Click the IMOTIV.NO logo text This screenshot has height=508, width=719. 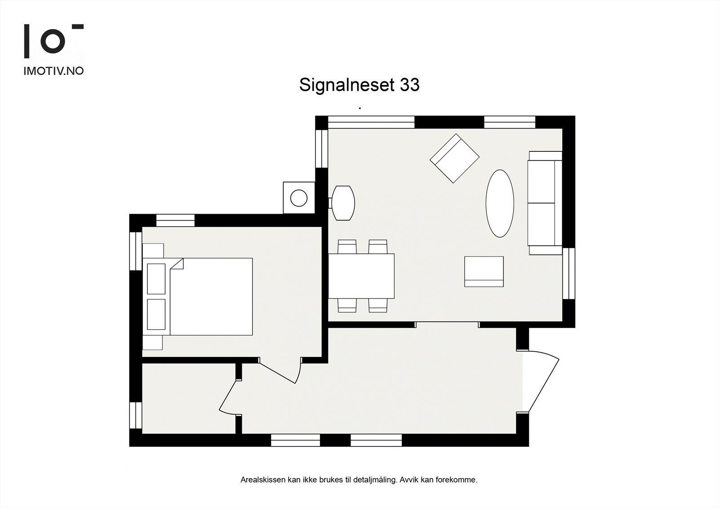click(53, 71)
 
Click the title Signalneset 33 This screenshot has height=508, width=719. click(359, 85)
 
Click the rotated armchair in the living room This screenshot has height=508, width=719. click(454, 158)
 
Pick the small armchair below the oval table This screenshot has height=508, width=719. click(484, 271)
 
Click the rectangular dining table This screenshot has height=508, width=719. click(361, 276)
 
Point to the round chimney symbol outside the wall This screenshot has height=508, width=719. click(299, 198)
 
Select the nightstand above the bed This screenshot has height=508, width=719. click(153, 250)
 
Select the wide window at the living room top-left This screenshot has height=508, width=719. click(371, 122)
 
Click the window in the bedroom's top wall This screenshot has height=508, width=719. click(175, 220)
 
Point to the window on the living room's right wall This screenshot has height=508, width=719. click(568, 273)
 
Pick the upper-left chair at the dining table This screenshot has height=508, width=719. click(347, 247)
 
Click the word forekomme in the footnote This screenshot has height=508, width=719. click(460, 480)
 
